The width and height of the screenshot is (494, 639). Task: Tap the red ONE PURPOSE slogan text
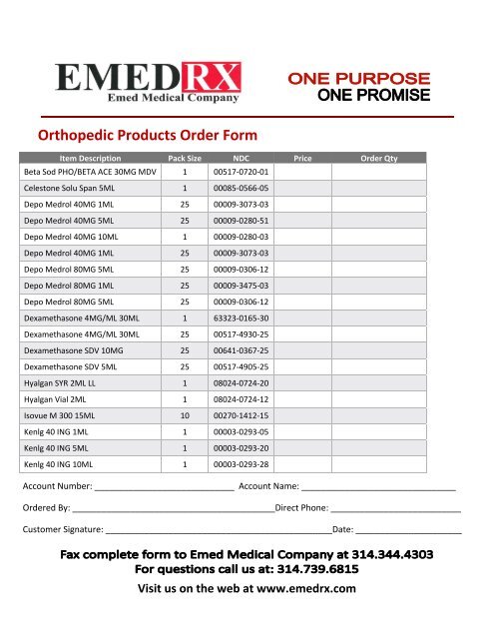coord(358,78)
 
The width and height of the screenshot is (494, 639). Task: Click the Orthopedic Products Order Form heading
coord(147,134)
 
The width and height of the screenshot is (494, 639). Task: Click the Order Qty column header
coord(377,158)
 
